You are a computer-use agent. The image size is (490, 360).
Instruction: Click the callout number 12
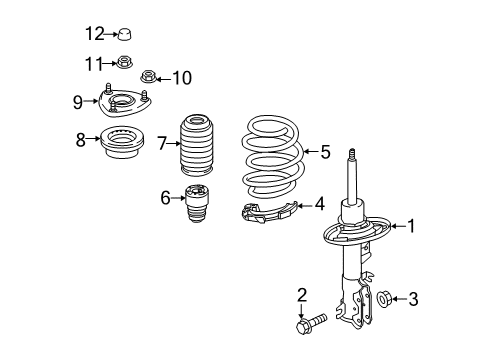[94, 35]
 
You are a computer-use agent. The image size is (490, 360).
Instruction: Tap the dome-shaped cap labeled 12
[125, 35]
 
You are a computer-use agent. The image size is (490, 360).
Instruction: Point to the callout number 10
[181, 77]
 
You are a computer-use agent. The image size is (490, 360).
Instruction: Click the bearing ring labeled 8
[123, 145]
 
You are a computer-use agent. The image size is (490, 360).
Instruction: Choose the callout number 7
[161, 144]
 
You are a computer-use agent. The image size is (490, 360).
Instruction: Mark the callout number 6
[166, 197]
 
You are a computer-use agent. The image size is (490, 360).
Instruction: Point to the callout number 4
[319, 204]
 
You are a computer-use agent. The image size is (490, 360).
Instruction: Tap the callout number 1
[409, 226]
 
